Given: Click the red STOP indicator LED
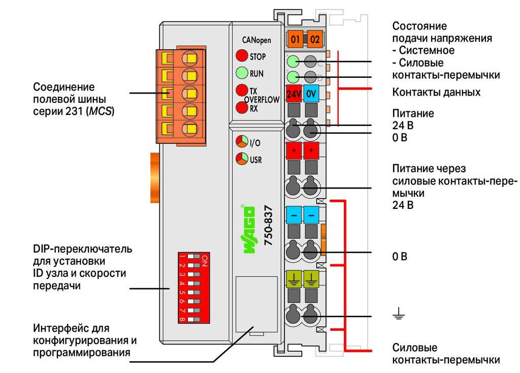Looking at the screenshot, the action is tap(242, 55).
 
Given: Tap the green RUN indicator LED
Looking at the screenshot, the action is tap(242, 73).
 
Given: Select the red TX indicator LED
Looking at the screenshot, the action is tap(242, 90).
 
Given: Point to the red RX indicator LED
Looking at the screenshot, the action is tap(242, 107).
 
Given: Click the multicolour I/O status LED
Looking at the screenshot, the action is tap(242, 142).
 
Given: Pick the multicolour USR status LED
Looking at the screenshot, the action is tap(242, 159).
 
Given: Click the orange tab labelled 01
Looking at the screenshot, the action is tap(295, 40).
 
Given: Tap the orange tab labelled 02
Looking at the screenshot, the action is tap(315, 40).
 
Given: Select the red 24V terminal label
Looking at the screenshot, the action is tap(294, 94).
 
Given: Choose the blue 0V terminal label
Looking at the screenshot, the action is tap(311, 94).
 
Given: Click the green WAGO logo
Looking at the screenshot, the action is tap(249, 230).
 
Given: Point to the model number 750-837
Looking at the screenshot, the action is tap(268, 225).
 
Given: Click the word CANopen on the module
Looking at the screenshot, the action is tap(256, 40).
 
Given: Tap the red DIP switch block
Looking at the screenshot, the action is tap(193, 288).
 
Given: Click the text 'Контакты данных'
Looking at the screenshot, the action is tap(436, 92).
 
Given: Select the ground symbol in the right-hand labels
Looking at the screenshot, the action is tap(398, 313).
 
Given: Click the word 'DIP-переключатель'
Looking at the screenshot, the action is tap(83, 249).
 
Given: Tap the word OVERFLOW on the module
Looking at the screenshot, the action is tap(262, 100).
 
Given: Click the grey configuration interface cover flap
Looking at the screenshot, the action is tap(256, 304).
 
